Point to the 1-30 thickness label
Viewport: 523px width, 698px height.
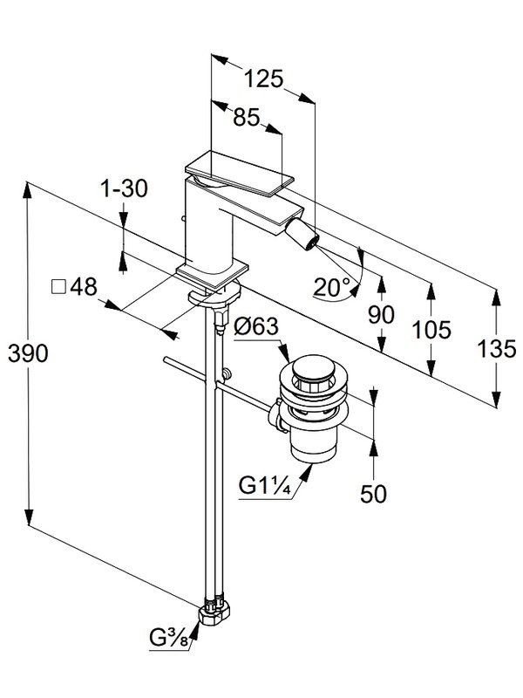click(x=124, y=187)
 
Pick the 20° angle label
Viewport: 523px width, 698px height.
click(x=331, y=285)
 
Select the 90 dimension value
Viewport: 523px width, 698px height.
click(x=381, y=315)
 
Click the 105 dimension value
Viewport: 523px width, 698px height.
click(x=432, y=329)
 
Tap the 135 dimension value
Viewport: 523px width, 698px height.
click(x=497, y=349)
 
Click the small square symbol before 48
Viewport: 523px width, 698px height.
click(x=59, y=287)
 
